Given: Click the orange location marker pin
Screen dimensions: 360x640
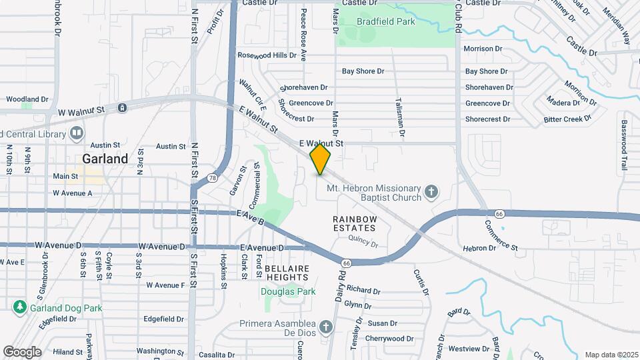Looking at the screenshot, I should click(x=320, y=159).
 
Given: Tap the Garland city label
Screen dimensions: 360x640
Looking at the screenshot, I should click(x=105, y=159).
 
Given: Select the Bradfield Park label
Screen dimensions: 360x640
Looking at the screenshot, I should click(x=385, y=21).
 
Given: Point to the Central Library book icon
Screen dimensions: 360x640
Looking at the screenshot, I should click(x=77, y=133).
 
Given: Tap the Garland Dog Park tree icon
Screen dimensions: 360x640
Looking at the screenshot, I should click(x=19, y=307).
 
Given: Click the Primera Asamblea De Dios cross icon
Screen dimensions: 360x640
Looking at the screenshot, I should click(x=325, y=327).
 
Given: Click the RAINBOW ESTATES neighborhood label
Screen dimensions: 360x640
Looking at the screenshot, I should click(x=355, y=223).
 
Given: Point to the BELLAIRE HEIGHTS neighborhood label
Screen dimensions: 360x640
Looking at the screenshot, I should click(x=287, y=273).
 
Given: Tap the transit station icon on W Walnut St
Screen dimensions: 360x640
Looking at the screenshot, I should click(x=122, y=108).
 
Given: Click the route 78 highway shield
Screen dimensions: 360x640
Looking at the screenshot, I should click(x=211, y=178).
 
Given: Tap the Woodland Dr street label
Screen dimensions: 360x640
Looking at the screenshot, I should click(x=27, y=99).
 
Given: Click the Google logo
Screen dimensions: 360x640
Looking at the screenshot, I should click(x=22, y=352).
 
